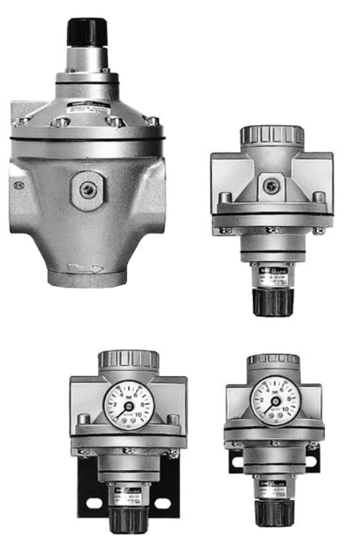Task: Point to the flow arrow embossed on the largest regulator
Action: (x=85, y=268)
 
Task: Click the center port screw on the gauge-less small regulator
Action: (x=270, y=186)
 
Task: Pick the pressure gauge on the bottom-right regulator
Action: (x=275, y=399)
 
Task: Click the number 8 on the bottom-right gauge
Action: (x=288, y=397)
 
